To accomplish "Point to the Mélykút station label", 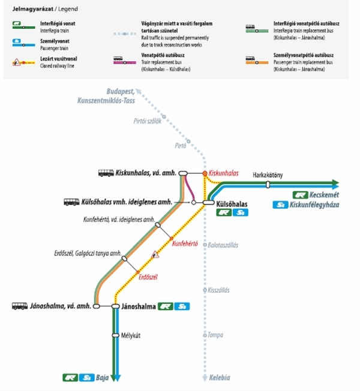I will (x=130, y=335).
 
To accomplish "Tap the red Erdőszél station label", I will (x=148, y=276).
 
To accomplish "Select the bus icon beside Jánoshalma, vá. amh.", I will (x=20, y=306).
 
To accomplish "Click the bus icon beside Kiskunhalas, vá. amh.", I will (x=106, y=173).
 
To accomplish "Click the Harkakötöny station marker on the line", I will (x=268, y=185).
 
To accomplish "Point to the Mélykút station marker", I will (x=116, y=335).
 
